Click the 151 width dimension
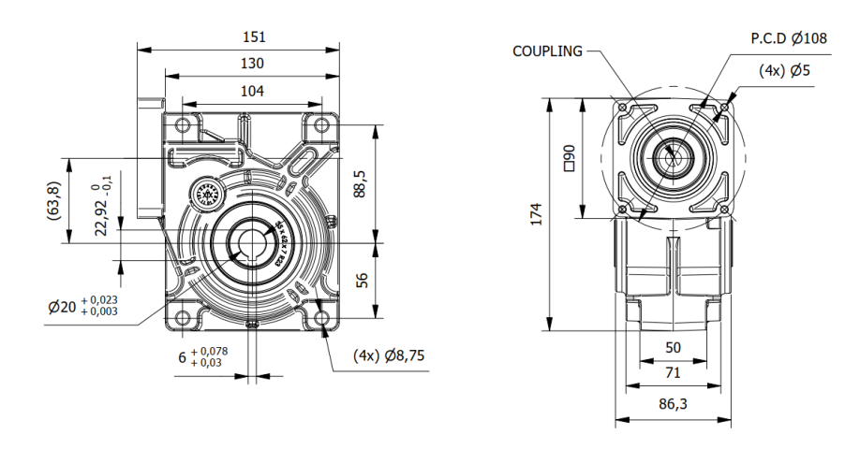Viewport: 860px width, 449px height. (x=253, y=37)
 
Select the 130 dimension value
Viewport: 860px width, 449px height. (x=252, y=64)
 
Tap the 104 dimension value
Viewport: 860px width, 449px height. (x=252, y=91)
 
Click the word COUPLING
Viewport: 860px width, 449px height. (x=547, y=51)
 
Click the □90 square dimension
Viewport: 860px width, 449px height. (x=568, y=158)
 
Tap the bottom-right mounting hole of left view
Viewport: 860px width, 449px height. (x=323, y=317)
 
